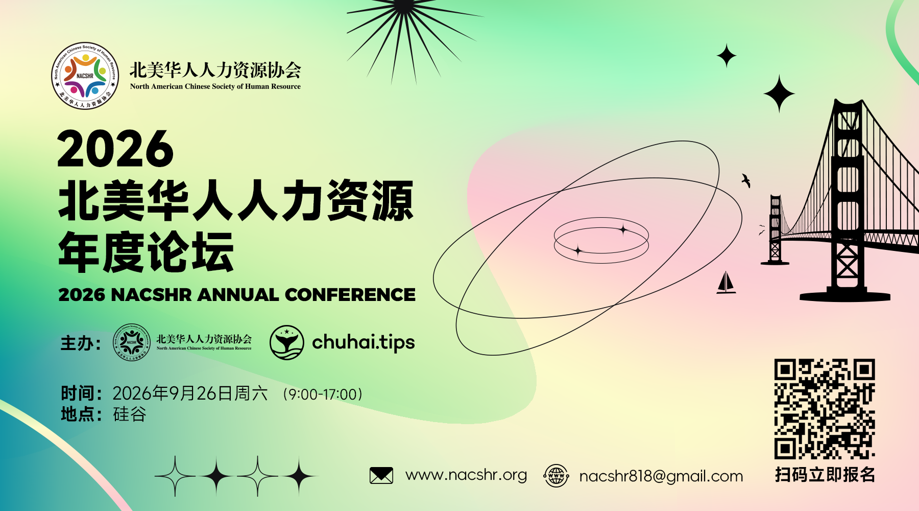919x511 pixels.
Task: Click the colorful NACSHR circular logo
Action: [x=85, y=76]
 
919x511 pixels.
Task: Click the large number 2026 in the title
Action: [x=116, y=149]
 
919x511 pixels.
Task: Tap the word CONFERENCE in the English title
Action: [x=350, y=295]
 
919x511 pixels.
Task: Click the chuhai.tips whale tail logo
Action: [x=287, y=342]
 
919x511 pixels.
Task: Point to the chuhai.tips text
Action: [x=364, y=342]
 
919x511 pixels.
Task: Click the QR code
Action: [x=825, y=409]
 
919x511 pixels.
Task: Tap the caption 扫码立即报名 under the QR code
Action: [x=825, y=475]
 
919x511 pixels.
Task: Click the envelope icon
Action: [x=381, y=476]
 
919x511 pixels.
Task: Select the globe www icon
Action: [x=556, y=476]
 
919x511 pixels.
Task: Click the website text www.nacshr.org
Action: [x=466, y=475]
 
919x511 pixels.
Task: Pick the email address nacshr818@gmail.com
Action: [x=661, y=476]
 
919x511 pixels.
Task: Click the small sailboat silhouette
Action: [x=726, y=283]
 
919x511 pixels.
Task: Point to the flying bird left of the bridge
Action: [x=746, y=180]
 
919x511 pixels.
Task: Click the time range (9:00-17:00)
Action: [x=324, y=394]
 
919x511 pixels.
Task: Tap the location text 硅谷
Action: [x=130, y=414]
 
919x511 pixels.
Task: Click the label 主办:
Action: [x=80, y=343]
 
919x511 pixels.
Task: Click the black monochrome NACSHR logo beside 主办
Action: [x=132, y=342]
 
